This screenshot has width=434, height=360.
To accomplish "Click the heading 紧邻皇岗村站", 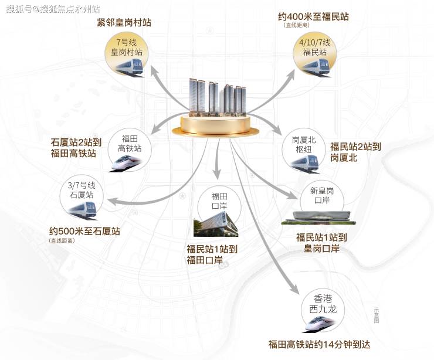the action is pos(124,22).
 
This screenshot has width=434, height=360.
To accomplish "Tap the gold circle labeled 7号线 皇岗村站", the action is pos(127,55).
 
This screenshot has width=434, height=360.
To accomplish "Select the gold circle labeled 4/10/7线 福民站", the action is pos(315,55).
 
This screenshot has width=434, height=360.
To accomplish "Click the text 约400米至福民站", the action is pos(313,16).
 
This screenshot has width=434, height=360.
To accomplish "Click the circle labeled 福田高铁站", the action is pos(130,151).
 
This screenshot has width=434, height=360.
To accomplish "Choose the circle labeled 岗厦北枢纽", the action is pos(304,151).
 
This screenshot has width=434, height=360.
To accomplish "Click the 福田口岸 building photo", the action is pos(216,224).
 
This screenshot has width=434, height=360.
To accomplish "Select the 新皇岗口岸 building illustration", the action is pos(318,218).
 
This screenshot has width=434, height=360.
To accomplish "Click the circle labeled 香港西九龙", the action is pos(323,311).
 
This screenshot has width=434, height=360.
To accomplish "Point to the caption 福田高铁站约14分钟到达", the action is pos(319,345).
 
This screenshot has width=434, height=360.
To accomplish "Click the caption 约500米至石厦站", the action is pos(84,231).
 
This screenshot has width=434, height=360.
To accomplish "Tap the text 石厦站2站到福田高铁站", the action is pos(76,148).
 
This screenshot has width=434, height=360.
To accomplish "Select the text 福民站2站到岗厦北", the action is pos(355,152).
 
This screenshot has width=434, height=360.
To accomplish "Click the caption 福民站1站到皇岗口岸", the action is pos(321,243).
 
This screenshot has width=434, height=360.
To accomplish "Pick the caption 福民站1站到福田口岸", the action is pos(212,254).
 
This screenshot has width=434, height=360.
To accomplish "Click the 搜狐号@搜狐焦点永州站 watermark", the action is pos(53,9).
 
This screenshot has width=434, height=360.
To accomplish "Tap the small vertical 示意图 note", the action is pos(376,315).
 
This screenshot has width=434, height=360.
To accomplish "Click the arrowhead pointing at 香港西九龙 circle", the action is pos(294,288).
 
